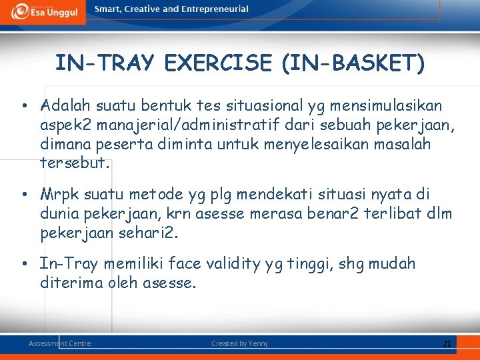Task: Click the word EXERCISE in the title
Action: (x=218, y=63)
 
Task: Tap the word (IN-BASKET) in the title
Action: (x=353, y=63)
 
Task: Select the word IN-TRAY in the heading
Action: (x=105, y=63)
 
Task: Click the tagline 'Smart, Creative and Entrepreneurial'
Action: (x=171, y=9)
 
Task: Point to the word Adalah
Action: (x=66, y=105)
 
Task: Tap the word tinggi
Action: (x=311, y=264)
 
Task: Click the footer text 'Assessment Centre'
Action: (x=60, y=343)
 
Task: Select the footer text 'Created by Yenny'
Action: (x=239, y=343)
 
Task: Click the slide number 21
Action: (x=446, y=343)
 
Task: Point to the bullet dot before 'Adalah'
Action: (x=23, y=106)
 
